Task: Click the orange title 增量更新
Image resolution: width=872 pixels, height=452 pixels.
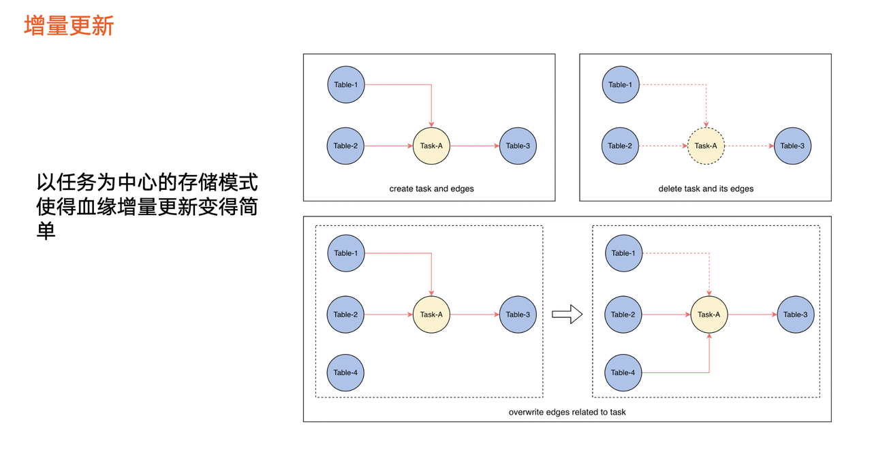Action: (69, 26)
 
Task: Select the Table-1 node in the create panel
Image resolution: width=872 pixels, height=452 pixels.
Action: (346, 85)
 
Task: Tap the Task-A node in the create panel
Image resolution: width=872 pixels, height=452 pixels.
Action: (431, 146)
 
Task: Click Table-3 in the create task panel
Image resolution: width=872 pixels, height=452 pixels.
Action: (518, 146)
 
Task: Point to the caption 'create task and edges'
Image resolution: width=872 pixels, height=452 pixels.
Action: (431, 189)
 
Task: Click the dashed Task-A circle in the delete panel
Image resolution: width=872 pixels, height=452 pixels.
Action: (706, 146)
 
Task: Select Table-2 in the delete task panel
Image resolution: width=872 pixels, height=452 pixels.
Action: (620, 146)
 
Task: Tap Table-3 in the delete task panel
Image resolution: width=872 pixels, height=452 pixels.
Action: (792, 146)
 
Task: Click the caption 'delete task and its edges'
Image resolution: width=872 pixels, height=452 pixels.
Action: (706, 189)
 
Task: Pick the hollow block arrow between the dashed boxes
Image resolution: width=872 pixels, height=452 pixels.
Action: (567, 314)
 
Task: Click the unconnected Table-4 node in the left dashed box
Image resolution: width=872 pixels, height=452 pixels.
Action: (345, 372)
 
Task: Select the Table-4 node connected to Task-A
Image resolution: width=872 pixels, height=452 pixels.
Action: (623, 372)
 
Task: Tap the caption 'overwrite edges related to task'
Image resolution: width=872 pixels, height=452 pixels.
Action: (567, 412)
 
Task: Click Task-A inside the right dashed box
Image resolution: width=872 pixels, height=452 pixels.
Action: (709, 314)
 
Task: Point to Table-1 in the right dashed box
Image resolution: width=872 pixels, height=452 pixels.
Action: (623, 253)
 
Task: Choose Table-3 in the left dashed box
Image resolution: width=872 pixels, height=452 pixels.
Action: (518, 314)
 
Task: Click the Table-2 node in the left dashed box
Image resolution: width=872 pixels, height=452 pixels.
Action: (345, 314)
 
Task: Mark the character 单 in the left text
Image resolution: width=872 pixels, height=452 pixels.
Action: (46, 231)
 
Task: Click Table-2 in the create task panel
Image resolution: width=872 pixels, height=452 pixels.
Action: (345, 146)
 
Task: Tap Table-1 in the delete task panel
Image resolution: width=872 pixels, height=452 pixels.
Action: (621, 85)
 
